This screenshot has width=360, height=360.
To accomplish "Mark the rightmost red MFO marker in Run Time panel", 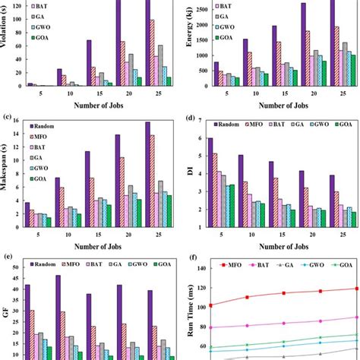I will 354,289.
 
